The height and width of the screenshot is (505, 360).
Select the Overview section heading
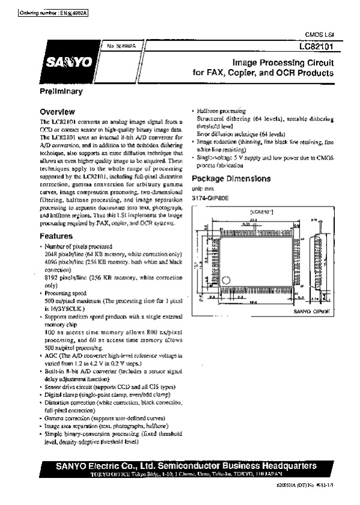point(57,112)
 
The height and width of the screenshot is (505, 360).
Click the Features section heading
point(56,237)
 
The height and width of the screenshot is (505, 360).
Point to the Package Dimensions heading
point(230,179)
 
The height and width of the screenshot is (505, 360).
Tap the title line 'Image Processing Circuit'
point(282,62)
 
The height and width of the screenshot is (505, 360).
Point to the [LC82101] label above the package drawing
point(262,212)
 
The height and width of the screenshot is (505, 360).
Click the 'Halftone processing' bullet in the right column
point(221,112)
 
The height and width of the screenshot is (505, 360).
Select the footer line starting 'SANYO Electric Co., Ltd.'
point(178,465)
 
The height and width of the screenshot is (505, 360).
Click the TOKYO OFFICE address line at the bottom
point(178,474)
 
